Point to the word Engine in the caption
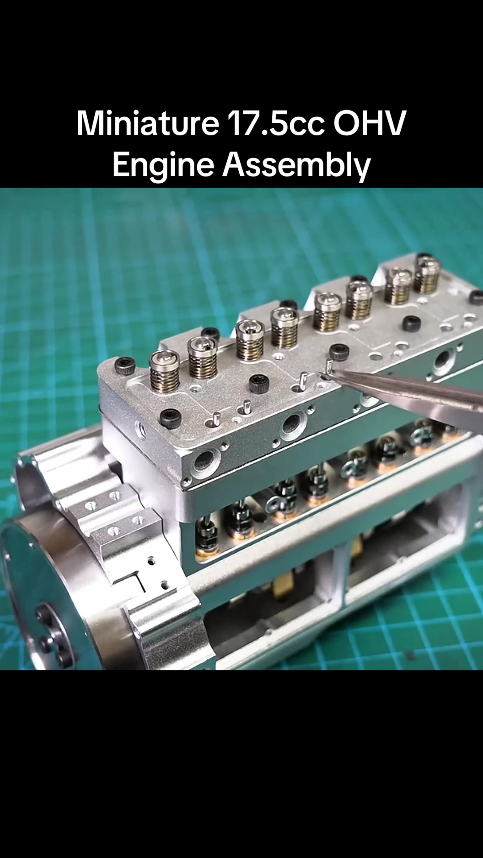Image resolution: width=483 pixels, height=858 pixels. pos(163,165)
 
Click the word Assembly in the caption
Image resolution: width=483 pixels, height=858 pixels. pos(297,165)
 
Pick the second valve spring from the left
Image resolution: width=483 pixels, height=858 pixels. pos(203,358)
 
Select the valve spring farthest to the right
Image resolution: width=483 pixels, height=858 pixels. pos(427,273)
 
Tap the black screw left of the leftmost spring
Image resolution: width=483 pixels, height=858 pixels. pos(125,366)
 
